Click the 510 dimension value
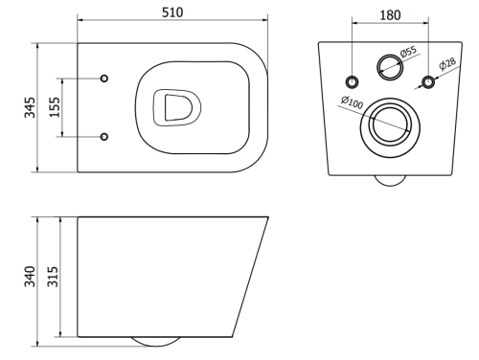(172, 12)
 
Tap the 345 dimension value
(30, 107)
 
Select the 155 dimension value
(55, 107)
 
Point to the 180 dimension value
(390, 15)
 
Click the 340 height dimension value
(30, 277)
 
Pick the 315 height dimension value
(53, 277)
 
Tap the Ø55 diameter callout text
(409, 51)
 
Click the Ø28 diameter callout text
(447, 63)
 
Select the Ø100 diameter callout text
(352, 102)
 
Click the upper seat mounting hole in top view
(104, 79)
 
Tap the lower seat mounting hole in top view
(104, 137)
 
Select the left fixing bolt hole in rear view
(352, 82)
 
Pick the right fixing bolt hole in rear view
(428, 82)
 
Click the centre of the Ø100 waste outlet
(390, 127)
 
